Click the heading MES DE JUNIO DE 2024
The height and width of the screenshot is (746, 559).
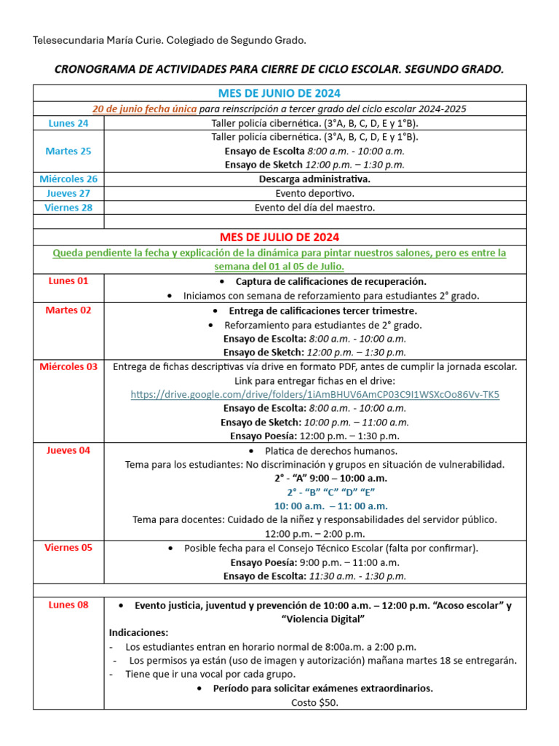coord(279,93)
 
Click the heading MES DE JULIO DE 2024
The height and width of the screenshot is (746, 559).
coord(279,237)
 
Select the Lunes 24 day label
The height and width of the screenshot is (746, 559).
coord(68,123)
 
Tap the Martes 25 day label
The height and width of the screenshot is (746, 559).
coord(68,151)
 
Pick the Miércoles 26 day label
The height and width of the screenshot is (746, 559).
coord(68,178)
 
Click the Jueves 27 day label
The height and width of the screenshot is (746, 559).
coord(68,193)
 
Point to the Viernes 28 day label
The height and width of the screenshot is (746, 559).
coord(68,208)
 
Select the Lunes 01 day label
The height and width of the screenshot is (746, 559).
coord(68,280)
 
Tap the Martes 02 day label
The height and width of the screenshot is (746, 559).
coord(68,310)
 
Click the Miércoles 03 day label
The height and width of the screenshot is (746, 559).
coord(68,366)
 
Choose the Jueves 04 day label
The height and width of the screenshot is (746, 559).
coord(68,450)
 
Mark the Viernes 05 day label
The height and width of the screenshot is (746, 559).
coord(68,547)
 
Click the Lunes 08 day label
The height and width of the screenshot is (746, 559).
coord(68,605)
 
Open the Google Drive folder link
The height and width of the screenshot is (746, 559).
coord(314,394)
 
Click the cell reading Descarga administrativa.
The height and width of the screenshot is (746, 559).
coord(314,178)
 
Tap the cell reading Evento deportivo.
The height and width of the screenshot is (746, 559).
coord(314,193)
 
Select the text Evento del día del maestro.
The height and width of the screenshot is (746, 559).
coord(314,208)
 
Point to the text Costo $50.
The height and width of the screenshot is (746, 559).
coord(314,702)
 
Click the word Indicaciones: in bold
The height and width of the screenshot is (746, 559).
coord(138,632)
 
